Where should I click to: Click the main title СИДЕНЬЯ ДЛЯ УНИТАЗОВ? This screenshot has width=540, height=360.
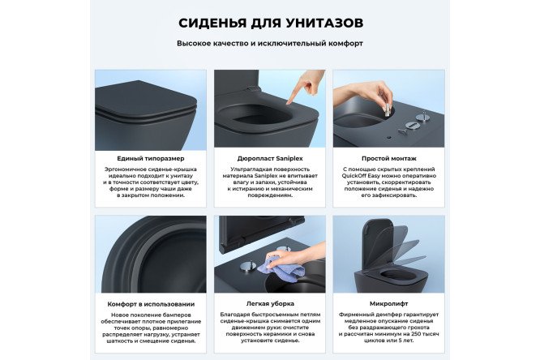(270, 21)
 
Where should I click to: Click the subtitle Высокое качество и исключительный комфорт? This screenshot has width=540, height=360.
(270, 43)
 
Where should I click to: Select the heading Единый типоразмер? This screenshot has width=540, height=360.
(150, 158)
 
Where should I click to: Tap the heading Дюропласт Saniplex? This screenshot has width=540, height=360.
(270, 158)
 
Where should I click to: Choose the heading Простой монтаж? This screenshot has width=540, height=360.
(389, 158)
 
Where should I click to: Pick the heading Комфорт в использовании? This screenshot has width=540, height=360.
(150, 304)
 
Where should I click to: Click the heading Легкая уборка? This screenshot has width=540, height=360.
(270, 304)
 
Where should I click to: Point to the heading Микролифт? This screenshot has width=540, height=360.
(389, 304)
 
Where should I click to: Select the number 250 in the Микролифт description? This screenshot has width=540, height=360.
(417, 332)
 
